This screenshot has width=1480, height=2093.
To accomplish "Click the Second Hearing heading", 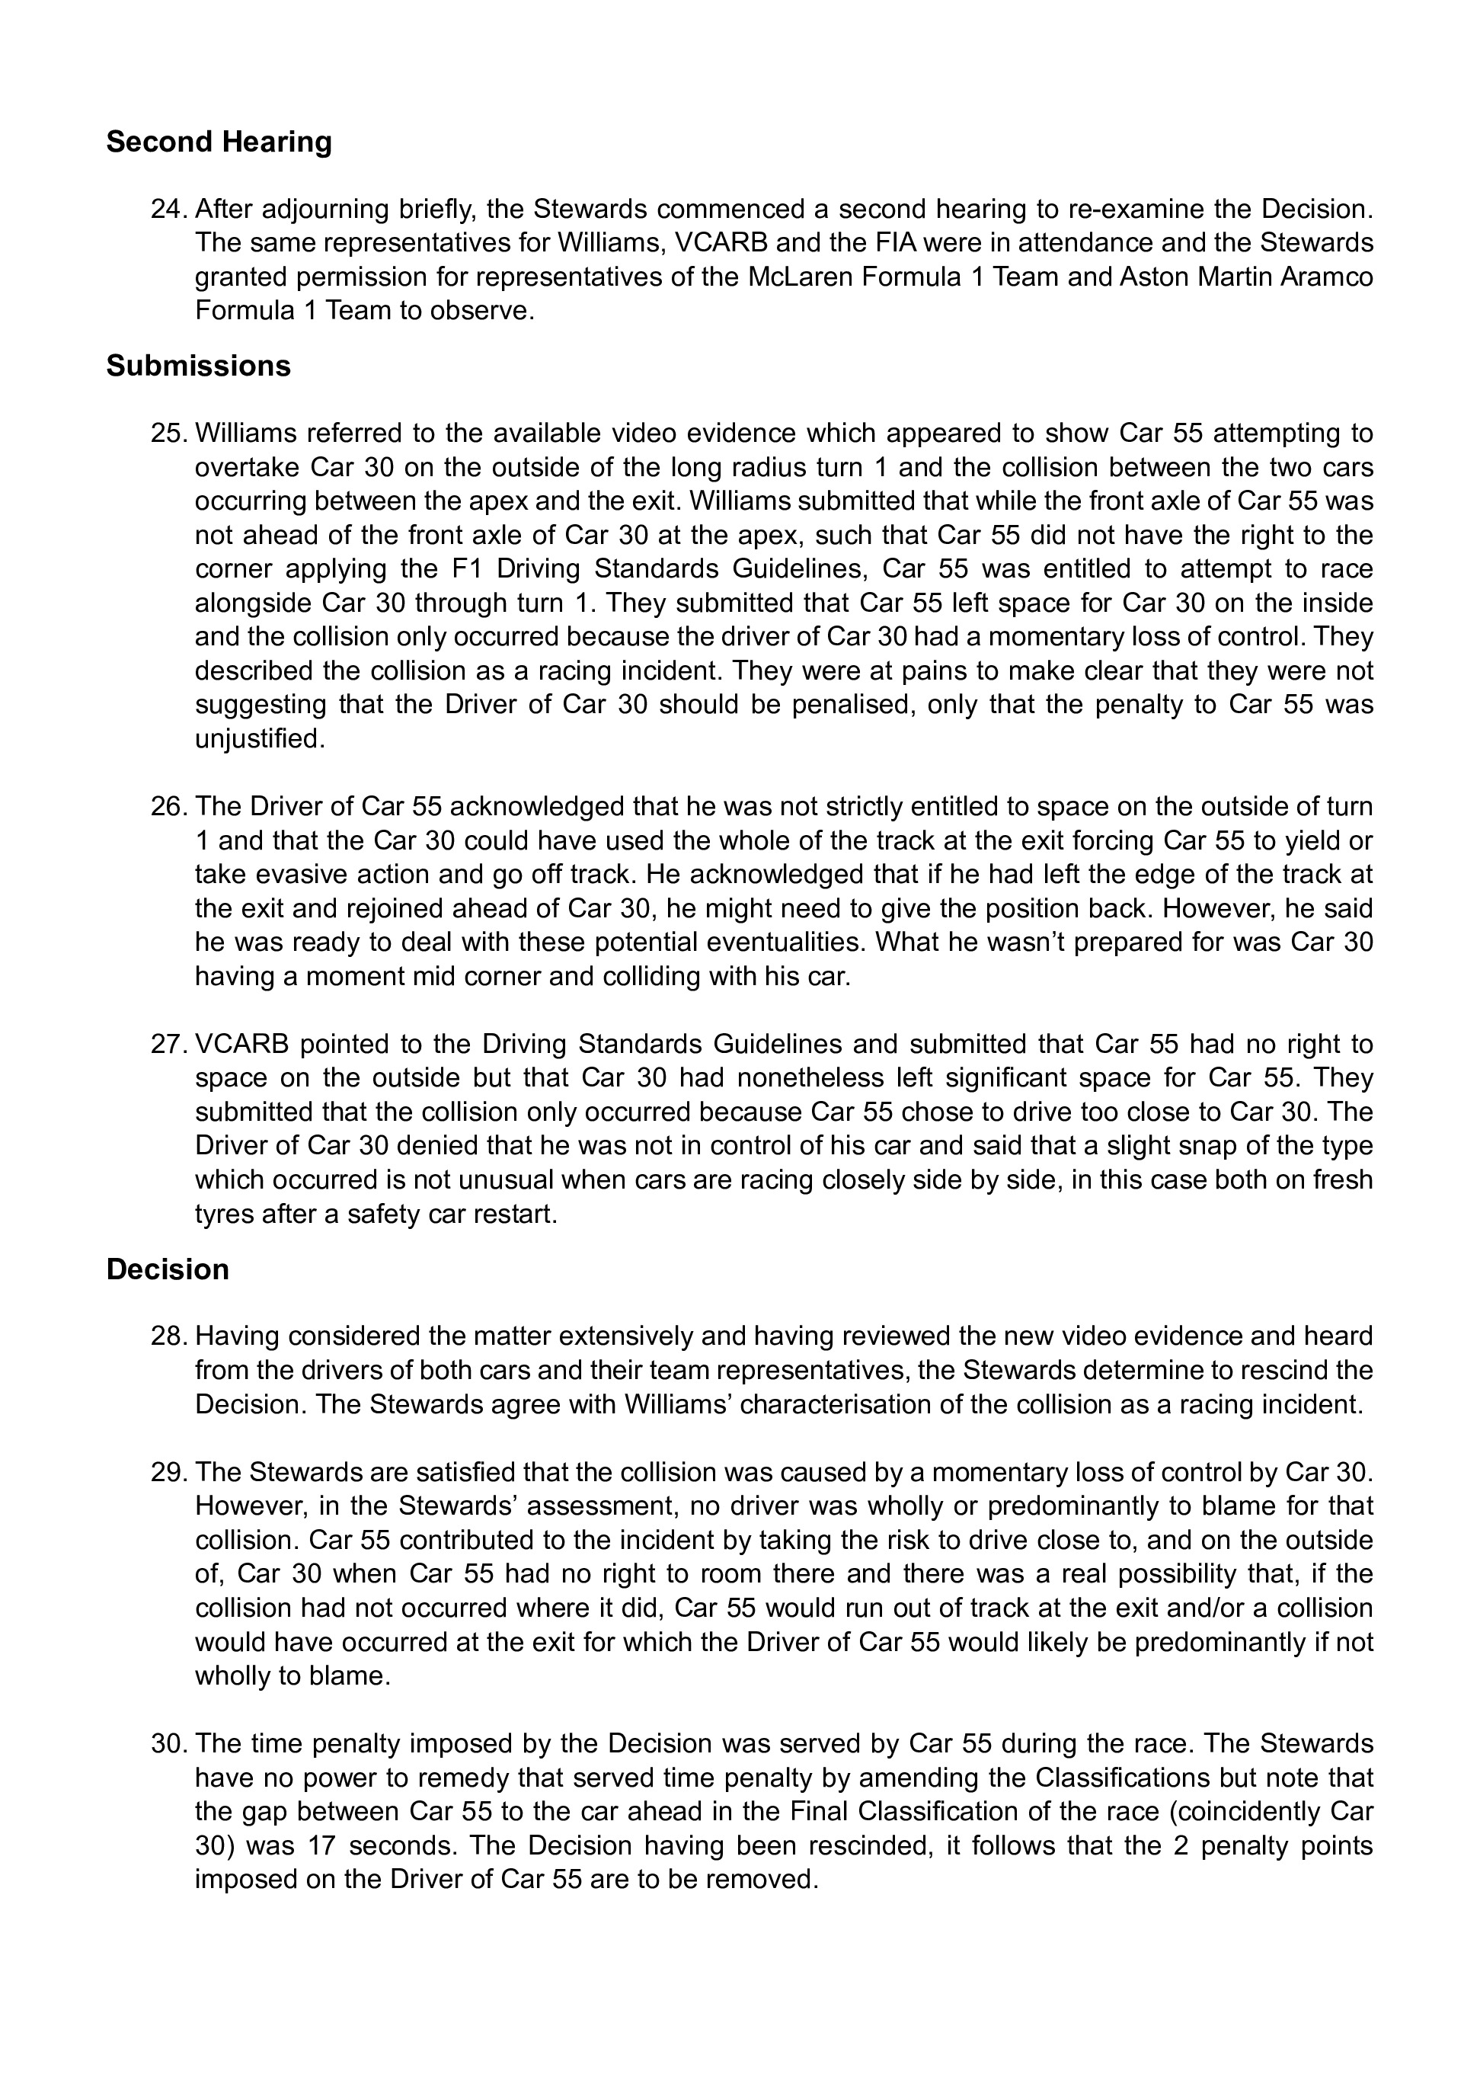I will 219,142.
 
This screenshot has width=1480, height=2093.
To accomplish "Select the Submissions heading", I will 198,366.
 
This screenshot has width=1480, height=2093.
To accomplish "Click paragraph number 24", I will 170,210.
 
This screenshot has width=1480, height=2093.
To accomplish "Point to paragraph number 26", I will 170,807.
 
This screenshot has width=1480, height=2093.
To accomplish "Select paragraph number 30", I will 170,1744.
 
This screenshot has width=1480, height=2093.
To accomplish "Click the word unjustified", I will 259,738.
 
